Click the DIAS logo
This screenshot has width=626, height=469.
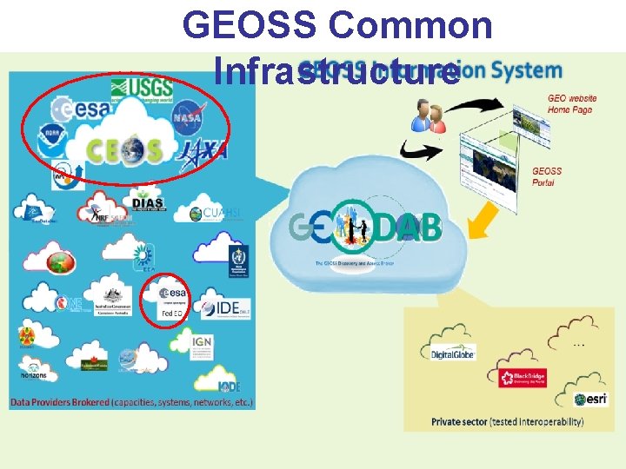[148, 204]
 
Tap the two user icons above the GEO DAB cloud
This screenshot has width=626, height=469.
[429, 114]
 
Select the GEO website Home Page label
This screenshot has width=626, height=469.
[570, 104]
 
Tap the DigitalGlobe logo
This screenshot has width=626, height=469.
[454, 353]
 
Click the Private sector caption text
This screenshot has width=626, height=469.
[508, 422]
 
